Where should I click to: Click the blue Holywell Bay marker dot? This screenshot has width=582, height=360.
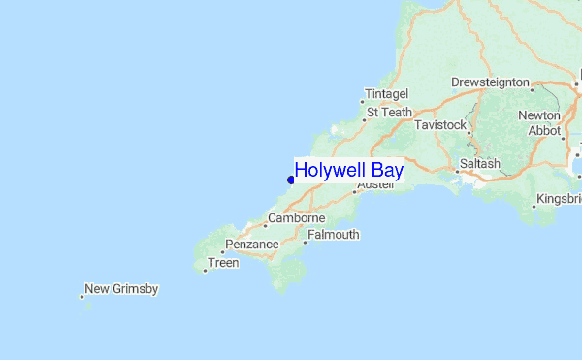pyautogui.click(x=290, y=179)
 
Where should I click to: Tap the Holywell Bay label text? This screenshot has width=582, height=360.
pyautogui.click(x=348, y=171)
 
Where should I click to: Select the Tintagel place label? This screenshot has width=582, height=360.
pyautogui.click(x=387, y=94)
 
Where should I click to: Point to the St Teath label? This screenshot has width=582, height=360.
pyautogui.click(x=389, y=113)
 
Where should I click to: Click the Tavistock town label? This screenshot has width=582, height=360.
pyautogui.click(x=440, y=126)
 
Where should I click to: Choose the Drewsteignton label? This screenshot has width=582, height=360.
pyautogui.click(x=490, y=83)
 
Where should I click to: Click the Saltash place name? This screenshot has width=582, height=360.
pyautogui.click(x=480, y=164)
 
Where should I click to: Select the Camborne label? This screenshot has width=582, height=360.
pyautogui.click(x=296, y=218)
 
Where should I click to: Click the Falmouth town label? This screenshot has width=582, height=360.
pyautogui.click(x=333, y=235)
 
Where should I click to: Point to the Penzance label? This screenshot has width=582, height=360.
pyautogui.click(x=251, y=245)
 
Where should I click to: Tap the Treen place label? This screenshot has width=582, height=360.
pyautogui.click(x=223, y=263)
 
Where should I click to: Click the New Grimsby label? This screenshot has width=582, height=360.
pyautogui.click(x=121, y=289)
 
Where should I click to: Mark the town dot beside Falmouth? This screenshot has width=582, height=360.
pyautogui.click(x=305, y=243)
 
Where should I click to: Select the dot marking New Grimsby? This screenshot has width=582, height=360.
pyautogui.click(x=81, y=297)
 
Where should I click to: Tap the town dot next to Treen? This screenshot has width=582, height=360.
pyautogui.click(x=205, y=271)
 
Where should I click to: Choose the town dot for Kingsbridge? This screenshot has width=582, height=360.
pyautogui.click(x=534, y=207)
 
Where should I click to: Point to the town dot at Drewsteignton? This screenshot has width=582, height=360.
pyautogui.click(x=533, y=90)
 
